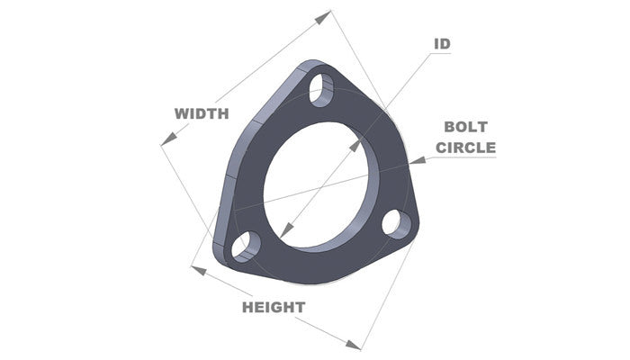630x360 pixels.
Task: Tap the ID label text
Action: [442, 43]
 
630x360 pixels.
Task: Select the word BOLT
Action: [465, 128]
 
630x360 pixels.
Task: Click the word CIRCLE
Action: [465, 147]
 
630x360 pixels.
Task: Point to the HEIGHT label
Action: [274, 307]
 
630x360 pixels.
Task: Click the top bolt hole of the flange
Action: [319, 89]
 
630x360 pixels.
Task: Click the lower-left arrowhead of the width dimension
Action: [164, 141]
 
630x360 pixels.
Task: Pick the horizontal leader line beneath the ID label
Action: [438, 54]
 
